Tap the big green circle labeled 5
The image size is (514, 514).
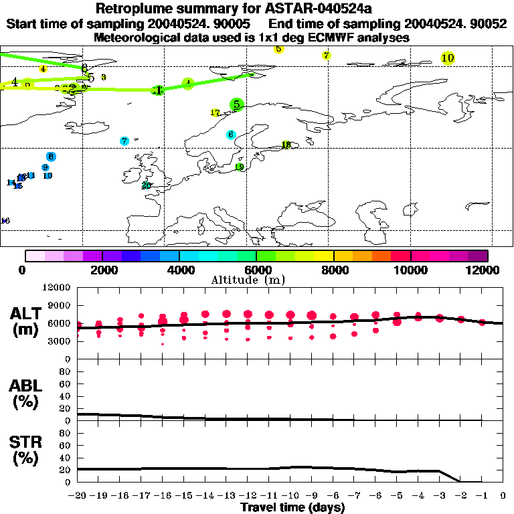point(236,104)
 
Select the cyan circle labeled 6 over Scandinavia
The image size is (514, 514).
point(231,135)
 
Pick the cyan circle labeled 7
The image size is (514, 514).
point(124,141)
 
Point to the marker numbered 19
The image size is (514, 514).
point(240,167)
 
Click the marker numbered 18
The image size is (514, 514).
point(286,145)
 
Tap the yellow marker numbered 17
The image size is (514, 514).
point(216,113)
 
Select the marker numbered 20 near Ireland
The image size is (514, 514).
point(147,185)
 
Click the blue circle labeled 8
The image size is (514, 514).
point(51,157)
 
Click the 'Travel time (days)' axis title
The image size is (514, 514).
point(292,508)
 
